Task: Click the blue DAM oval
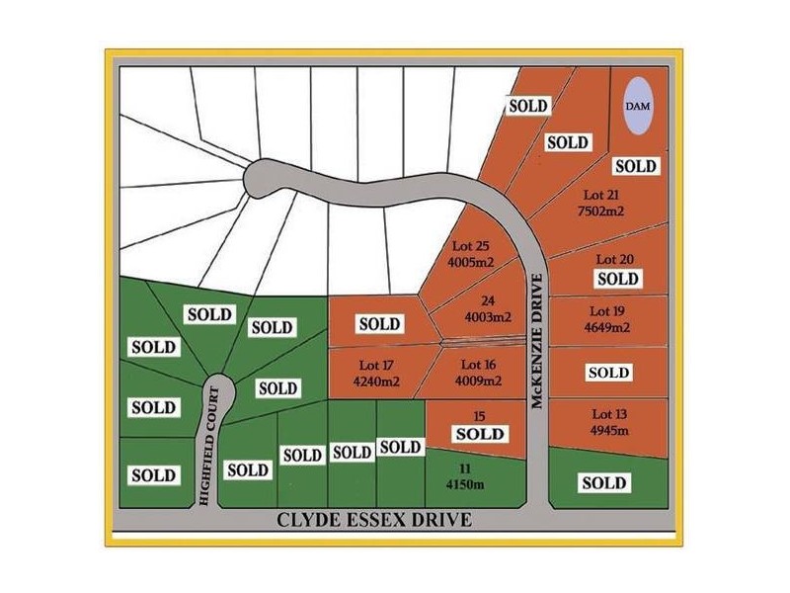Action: tap(637, 106)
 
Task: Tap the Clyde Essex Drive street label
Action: tap(374, 520)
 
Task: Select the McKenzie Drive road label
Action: tap(537, 341)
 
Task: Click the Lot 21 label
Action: tap(601, 195)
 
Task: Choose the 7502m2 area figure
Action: tap(600, 211)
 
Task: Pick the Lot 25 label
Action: tap(471, 246)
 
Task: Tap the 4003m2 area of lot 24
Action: tap(488, 317)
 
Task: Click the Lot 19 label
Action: tap(607, 311)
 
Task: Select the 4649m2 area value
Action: tap(607, 327)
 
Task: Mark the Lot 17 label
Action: tap(376, 365)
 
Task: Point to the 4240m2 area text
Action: tap(376, 381)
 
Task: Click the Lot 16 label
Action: tap(478, 364)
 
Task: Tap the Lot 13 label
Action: tap(609, 414)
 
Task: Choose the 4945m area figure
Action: tap(609, 431)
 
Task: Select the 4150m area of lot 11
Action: tap(465, 484)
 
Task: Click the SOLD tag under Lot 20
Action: tap(618, 279)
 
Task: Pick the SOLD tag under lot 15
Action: tap(480, 434)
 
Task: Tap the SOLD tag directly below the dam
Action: tap(636, 166)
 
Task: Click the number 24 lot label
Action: tap(488, 301)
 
